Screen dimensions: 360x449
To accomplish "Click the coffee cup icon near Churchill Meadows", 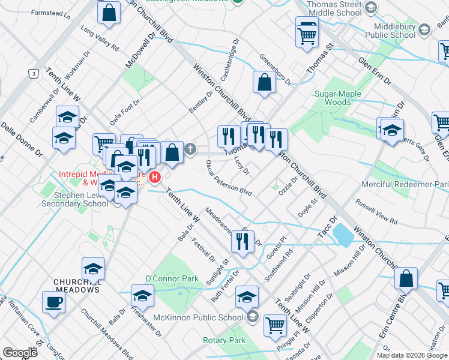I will pyautogui.click(x=53, y=302).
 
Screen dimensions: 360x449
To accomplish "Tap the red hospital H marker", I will pyautogui.click(x=155, y=177).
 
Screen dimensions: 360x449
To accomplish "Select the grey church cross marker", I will pyautogui.click(x=190, y=149).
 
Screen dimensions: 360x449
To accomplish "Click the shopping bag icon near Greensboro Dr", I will pyautogui.click(x=264, y=83).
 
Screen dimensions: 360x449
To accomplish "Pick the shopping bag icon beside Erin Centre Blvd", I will pyautogui.click(x=406, y=279).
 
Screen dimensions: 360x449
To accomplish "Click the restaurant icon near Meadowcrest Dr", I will pyautogui.click(x=243, y=242).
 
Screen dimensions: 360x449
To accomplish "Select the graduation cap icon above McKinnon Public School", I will pyautogui.click(x=247, y=297).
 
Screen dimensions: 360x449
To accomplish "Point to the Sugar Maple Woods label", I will pyautogui.click(x=339, y=98).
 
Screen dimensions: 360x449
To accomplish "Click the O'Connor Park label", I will pyautogui.click(x=172, y=278).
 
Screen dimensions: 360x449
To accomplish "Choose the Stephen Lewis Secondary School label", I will pyautogui.click(x=66, y=199).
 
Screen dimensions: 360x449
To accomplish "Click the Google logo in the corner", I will pyautogui.click(x=20, y=352).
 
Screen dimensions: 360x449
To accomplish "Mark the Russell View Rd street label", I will pyautogui.click(x=376, y=212).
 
